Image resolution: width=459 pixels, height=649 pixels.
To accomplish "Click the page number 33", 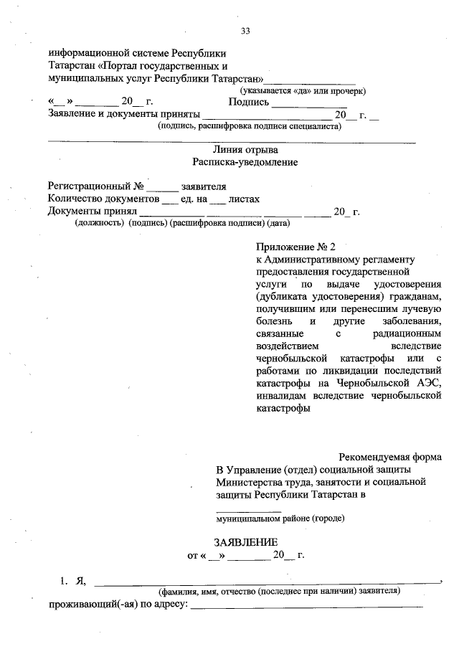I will [245, 30].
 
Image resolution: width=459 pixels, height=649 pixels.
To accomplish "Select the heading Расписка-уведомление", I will [245, 162].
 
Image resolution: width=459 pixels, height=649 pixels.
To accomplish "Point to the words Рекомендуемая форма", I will [390, 457].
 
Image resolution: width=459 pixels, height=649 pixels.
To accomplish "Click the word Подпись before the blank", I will [248, 102].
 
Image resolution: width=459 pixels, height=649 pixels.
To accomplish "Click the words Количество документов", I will [103, 199].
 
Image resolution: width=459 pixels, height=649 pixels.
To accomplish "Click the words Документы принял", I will [91, 212].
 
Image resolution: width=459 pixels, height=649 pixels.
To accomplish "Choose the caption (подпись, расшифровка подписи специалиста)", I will [250, 126].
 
